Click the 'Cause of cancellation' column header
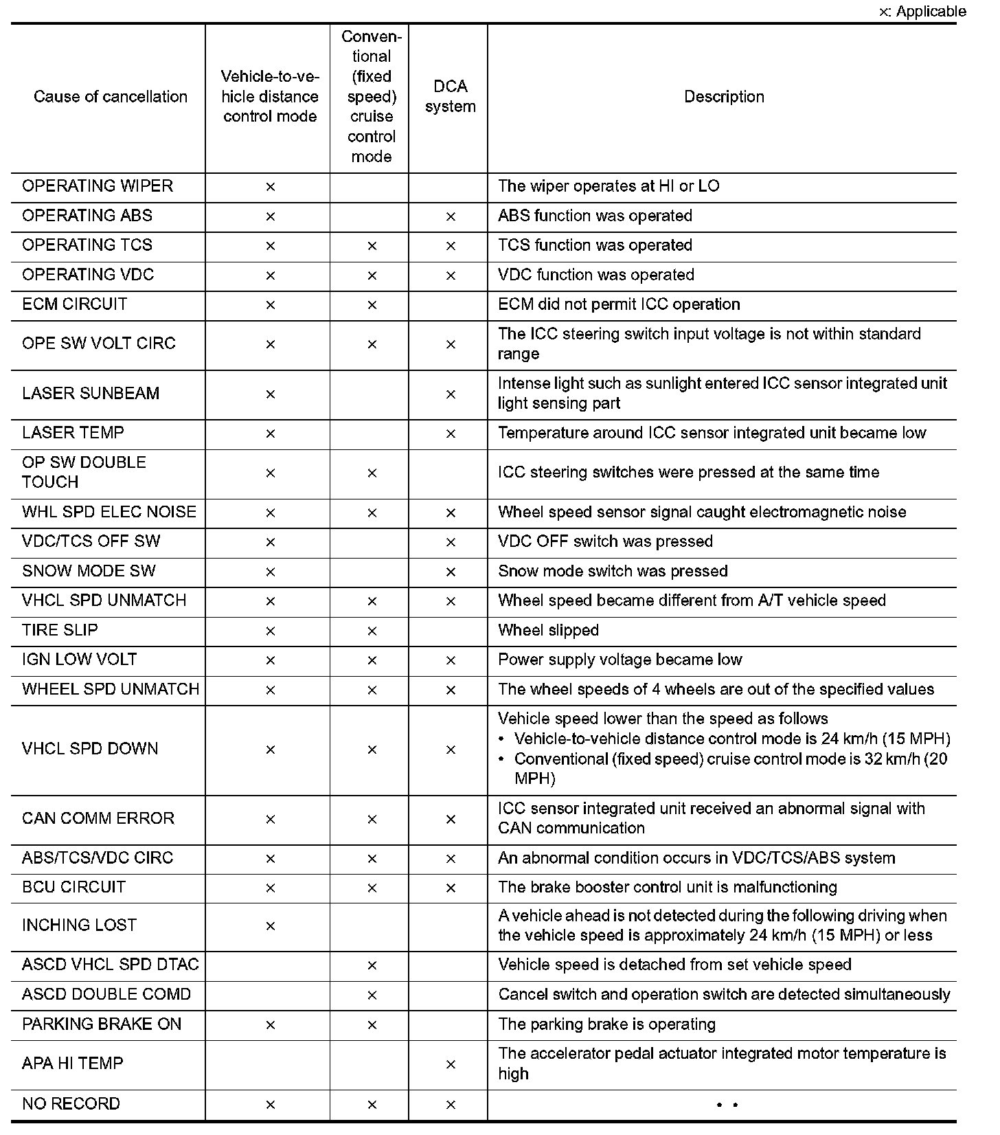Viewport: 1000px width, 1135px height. point(110,97)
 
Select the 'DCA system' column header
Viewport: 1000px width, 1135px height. point(450,97)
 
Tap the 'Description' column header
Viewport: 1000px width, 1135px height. point(724,97)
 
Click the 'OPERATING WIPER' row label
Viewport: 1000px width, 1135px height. point(98,186)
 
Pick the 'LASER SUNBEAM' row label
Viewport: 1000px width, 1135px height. point(91,394)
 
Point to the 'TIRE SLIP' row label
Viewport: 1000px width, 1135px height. point(60,630)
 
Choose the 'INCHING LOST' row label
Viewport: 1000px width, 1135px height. point(79,925)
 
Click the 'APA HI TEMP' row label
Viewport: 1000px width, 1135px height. point(73,1064)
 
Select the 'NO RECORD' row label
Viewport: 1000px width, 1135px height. point(71,1104)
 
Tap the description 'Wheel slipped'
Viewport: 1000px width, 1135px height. point(548,631)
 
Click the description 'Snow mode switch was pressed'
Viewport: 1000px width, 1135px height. point(613,572)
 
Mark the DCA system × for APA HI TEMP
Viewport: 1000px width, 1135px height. point(451,1065)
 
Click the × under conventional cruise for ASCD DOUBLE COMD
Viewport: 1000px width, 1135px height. point(372,995)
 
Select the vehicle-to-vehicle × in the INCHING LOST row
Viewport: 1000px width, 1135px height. point(270,926)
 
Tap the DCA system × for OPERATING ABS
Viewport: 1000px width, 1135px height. point(451,216)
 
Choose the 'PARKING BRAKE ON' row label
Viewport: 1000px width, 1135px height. point(102,1024)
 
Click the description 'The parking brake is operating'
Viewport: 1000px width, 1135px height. point(606,1024)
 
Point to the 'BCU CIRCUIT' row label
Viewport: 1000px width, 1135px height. point(73,887)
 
